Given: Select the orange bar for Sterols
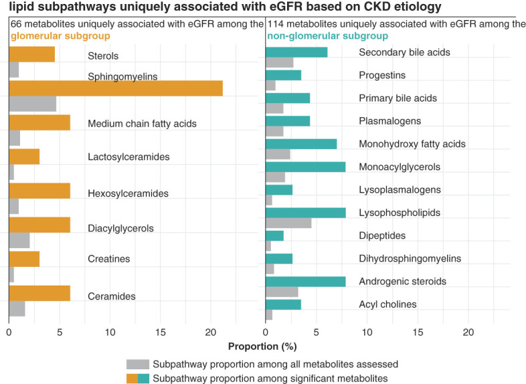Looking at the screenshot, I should [x=31, y=55].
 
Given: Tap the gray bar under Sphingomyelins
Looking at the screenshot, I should [x=32, y=104].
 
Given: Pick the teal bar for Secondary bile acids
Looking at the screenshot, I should [x=296, y=52].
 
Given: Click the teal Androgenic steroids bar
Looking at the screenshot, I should [x=305, y=282].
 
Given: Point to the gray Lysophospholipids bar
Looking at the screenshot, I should [x=288, y=223].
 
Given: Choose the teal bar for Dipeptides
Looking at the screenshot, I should [x=274, y=235].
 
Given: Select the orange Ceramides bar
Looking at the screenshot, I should [x=39, y=293].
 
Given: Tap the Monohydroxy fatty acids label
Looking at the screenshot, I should [x=412, y=144].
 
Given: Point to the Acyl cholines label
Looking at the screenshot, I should [x=388, y=304].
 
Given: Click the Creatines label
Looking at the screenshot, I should [x=109, y=259].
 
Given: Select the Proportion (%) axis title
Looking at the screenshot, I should [x=262, y=347].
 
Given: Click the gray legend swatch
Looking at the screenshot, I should [x=137, y=365].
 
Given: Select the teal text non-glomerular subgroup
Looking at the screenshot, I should [x=327, y=35].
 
